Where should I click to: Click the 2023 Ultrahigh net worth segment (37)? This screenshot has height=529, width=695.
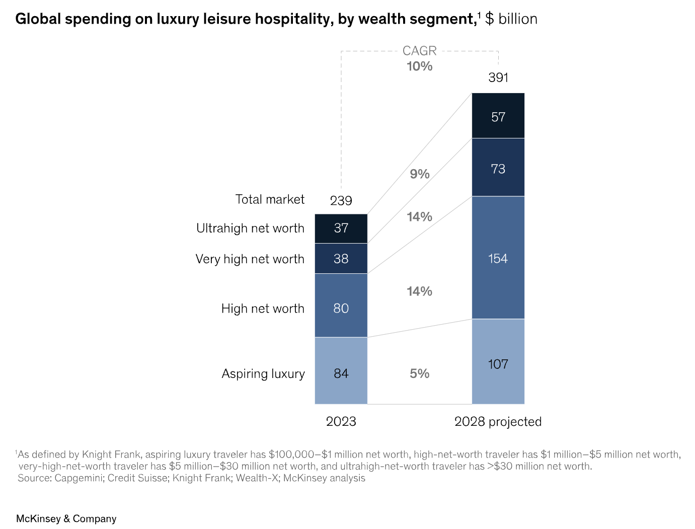pos(341,229)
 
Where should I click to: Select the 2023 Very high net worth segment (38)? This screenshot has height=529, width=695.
pos(341,259)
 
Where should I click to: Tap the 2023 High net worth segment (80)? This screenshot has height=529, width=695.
pos(341,306)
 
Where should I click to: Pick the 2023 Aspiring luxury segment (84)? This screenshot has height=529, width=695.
pos(341,371)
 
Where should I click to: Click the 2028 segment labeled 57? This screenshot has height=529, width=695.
pos(498,116)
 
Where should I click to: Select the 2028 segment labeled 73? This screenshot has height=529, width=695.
pos(498,168)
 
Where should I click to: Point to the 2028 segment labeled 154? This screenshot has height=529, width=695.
pos(498,258)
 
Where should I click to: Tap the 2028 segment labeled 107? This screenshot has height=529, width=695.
pos(498,362)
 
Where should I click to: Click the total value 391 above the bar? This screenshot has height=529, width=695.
pos(498,78)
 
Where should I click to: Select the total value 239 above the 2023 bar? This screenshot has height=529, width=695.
pos(341,201)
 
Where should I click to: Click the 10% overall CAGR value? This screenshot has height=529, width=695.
pos(419,66)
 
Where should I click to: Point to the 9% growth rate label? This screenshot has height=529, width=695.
pos(419,174)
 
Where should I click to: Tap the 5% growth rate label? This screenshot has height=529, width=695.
pos(419,373)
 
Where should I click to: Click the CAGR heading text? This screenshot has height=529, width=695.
pos(419,51)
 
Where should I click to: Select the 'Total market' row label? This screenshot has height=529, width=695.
pos(270,200)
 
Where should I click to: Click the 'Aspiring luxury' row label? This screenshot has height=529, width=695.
pos(263,374)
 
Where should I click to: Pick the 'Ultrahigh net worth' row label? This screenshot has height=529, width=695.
pos(250,229)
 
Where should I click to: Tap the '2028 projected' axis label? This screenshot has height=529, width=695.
pos(498,422)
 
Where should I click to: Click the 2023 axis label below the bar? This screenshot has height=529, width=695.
pos(341,422)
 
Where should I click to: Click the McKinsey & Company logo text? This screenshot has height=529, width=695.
pos(66,518)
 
